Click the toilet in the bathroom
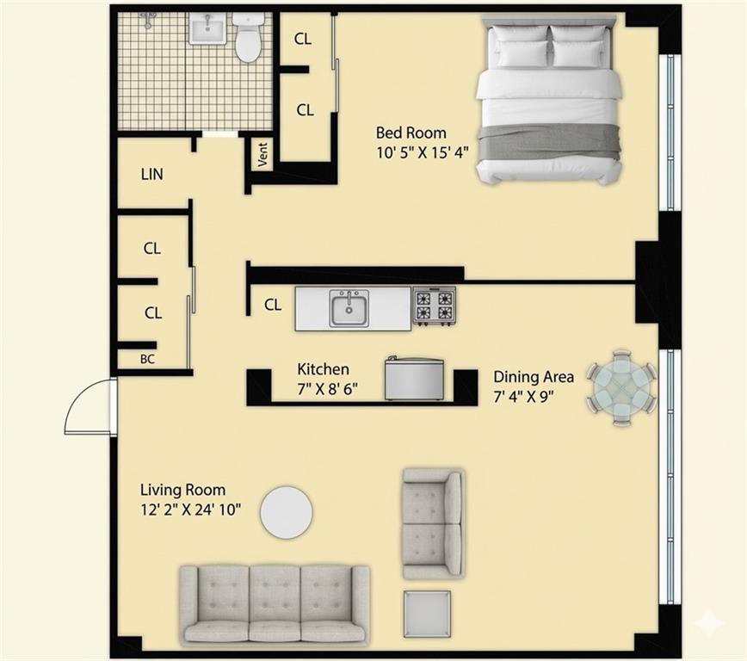249,38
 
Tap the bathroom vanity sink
207,29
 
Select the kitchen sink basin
349,308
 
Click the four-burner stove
434,306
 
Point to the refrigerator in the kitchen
414,380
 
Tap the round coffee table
286,512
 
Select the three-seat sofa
275,603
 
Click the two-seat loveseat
433,523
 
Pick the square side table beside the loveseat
428,614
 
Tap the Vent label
262,155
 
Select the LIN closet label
152,174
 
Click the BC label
147,359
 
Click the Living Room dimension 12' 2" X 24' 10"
191,509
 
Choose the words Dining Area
534,377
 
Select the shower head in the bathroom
150,19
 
